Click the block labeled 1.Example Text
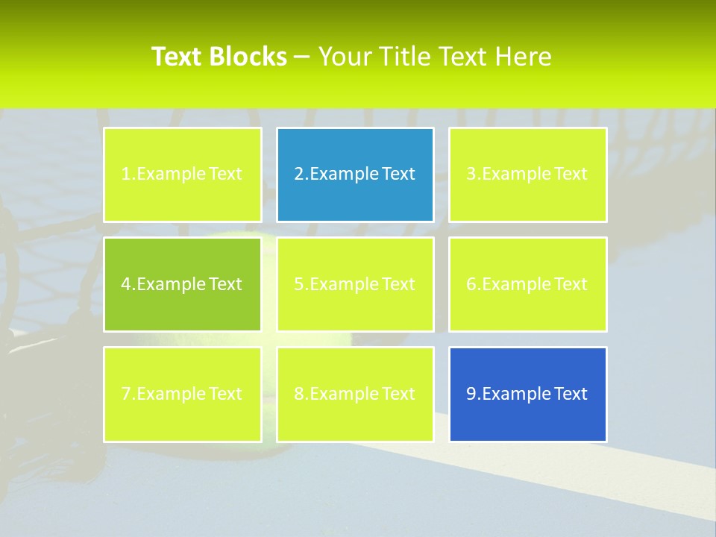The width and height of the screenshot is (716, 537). [x=182, y=175]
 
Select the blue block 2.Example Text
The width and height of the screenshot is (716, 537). [x=355, y=175]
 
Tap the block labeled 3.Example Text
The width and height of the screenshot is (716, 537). [x=527, y=175]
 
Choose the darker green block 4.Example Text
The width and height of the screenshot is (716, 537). [x=182, y=284]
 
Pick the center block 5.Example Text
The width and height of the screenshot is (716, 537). [x=355, y=284]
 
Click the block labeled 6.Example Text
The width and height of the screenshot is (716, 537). [x=527, y=284]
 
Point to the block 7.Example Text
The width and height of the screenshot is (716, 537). [x=182, y=394]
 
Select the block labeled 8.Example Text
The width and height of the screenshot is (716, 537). [x=355, y=394]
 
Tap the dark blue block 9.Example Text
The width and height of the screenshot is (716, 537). [x=527, y=394]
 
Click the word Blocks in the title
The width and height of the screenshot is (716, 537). [x=248, y=57]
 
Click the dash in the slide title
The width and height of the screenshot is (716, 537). [x=302, y=57]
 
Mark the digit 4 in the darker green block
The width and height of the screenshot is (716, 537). [x=126, y=284]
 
